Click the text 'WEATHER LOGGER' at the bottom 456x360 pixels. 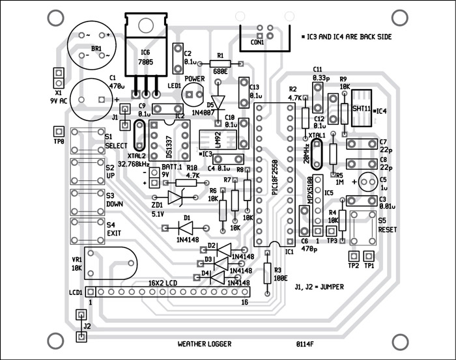click(204, 344)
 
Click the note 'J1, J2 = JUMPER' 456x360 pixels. click(319, 286)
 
